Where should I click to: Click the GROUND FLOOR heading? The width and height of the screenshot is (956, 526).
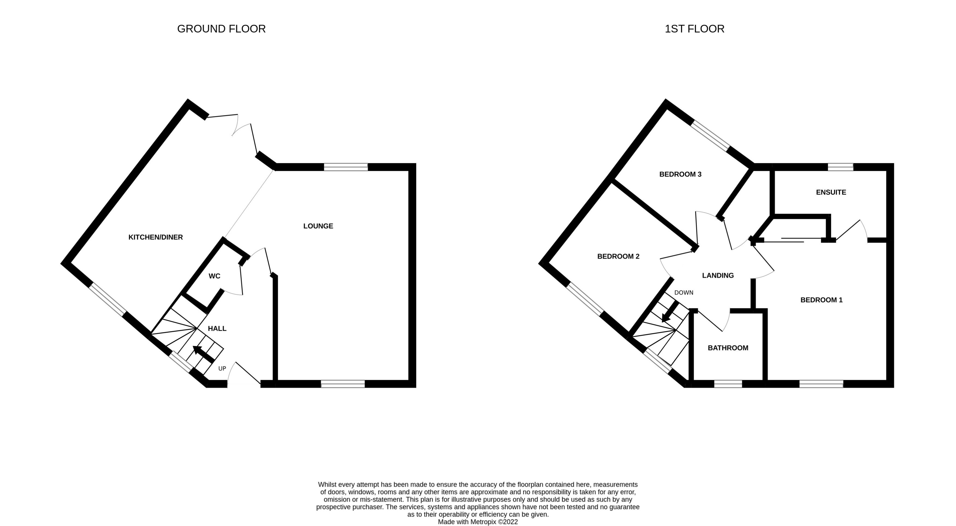coord(221,29)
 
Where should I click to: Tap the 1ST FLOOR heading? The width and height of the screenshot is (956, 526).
coord(694,29)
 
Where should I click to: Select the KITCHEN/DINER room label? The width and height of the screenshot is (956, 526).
coord(155,237)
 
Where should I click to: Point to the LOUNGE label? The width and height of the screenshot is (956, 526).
coord(318,226)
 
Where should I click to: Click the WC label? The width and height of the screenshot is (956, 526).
coord(214,276)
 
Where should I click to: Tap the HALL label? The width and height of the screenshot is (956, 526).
coord(217,328)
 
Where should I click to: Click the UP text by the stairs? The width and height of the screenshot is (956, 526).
coord(222,369)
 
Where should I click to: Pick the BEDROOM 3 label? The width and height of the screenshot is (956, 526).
coord(680,174)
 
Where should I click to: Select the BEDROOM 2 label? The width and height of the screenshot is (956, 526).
coord(618,256)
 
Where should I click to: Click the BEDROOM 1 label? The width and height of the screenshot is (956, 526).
coord(821,300)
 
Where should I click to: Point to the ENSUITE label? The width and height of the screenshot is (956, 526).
coord(831,192)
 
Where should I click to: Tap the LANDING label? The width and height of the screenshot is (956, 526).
coord(718,275)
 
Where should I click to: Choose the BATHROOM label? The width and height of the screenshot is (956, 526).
coord(728,348)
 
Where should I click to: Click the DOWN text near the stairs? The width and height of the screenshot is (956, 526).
coord(684,293)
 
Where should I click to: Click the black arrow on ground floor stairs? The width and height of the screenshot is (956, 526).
coord(203,354)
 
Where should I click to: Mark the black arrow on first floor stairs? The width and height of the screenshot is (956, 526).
coord(670,311)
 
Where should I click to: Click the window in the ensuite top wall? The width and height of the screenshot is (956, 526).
coord(840,167)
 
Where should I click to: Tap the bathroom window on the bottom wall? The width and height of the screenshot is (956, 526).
coord(728,384)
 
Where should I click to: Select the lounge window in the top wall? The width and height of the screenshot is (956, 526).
coord(346,167)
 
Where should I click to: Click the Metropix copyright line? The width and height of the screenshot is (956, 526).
coord(478,522)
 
